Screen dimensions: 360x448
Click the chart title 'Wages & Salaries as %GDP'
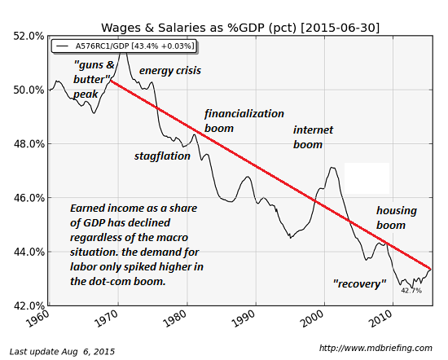pos(241,27)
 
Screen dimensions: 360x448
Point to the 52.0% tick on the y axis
pos(27,36)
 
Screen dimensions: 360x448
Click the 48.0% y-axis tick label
pos(27,143)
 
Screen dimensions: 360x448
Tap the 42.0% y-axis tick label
pos(27,305)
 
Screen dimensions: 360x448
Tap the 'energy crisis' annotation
pos(169,71)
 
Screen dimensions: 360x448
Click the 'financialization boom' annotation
pos(244,121)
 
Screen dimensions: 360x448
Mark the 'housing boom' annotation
pos(396,217)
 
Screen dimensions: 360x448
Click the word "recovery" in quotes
pos(358,283)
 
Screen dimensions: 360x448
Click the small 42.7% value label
pos(411,290)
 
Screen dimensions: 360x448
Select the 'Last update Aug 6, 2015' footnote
pos(62,351)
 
